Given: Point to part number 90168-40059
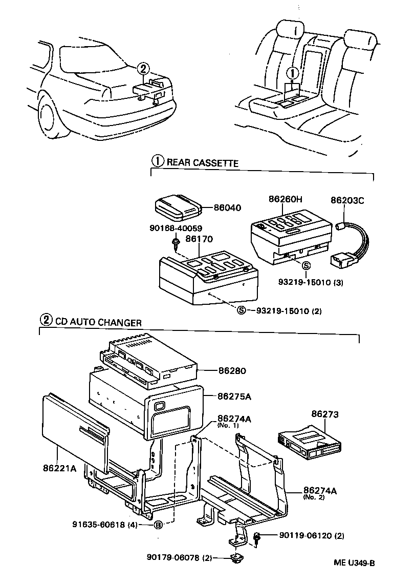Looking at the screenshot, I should point(176,228).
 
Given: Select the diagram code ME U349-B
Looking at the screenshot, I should point(355,562).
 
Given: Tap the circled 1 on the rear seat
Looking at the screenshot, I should point(291,73).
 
